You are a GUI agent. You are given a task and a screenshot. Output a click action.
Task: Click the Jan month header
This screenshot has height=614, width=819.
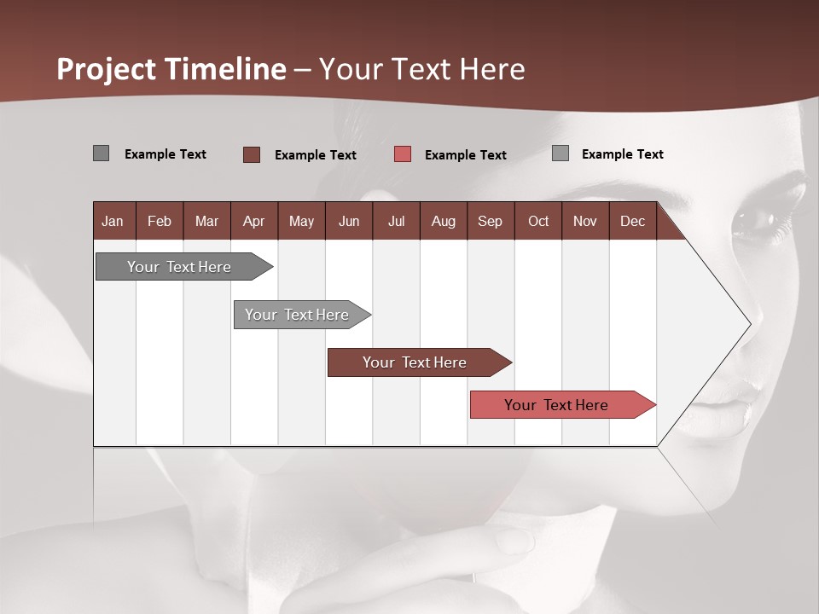(x=113, y=221)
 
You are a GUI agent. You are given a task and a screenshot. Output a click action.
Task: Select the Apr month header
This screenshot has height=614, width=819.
(x=253, y=221)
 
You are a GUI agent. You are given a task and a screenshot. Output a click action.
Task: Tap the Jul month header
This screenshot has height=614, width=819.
(x=396, y=221)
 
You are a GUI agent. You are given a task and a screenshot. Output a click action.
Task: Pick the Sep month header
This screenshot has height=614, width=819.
(x=490, y=221)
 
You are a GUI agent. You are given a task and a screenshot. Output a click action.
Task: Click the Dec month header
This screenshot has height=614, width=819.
(x=632, y=221)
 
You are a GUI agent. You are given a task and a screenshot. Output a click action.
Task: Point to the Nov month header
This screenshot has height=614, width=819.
(x=584, y=221)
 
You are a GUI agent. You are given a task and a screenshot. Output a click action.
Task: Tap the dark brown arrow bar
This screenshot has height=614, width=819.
(x=415, y=362)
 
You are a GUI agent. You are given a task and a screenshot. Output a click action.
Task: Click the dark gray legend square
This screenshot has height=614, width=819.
(x=101, y=153)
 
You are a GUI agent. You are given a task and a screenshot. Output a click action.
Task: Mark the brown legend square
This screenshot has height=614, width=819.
(x=251, y=154)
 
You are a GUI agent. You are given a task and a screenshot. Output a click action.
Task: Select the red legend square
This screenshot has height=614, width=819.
(x=403, y=154)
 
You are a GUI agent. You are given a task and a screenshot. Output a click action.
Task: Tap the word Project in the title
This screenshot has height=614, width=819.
(x=107, y=69)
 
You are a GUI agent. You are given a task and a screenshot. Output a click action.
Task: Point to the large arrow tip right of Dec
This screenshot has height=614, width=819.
(x=734, y=324)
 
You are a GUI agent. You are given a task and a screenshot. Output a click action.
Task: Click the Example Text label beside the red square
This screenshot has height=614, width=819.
(x=465, y=155)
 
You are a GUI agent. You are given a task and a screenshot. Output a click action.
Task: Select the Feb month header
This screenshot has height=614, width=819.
(x=159, y=221)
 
